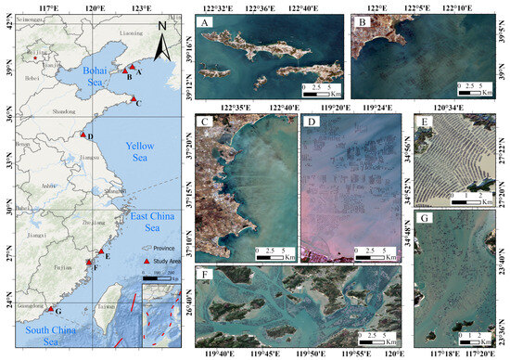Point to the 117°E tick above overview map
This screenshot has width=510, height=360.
tap(44, 7)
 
